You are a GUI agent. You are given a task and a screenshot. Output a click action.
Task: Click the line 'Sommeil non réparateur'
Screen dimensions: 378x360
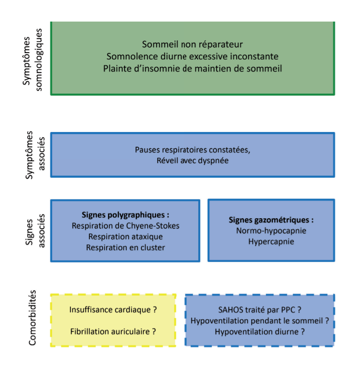coord(192,44)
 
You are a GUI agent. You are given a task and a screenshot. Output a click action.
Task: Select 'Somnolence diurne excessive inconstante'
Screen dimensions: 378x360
coord(192,56)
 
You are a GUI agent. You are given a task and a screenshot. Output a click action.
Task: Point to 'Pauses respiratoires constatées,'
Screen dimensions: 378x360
coord(192,150)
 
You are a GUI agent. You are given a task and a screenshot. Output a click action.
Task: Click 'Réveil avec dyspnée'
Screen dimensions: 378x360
coord(192,161)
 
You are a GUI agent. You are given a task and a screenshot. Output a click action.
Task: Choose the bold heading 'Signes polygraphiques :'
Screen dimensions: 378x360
coord(126,214)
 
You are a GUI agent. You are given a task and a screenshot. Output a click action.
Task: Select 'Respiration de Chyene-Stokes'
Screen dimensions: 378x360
coord(126,226)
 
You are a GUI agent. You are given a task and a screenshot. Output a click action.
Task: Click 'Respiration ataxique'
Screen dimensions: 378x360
coord(126,237)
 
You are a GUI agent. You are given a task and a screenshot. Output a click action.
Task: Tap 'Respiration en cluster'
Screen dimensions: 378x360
coord(126,248)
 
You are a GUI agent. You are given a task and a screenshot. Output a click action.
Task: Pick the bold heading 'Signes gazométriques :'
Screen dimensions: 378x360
coord(271,220)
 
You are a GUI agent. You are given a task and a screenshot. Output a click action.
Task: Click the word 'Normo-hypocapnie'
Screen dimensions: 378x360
coord(271,231)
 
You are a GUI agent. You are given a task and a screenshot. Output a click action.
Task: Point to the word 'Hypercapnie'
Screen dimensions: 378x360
coord(271,242)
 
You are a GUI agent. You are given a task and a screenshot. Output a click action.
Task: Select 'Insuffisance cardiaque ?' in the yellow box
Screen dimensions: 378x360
coord(114,310)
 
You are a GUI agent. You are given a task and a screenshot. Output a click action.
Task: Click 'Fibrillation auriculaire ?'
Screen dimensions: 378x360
coord(114,332)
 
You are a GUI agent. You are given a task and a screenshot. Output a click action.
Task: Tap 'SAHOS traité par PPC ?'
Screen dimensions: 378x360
coord(260,310)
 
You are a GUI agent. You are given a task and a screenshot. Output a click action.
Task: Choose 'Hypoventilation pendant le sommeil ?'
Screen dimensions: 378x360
coord(260,321)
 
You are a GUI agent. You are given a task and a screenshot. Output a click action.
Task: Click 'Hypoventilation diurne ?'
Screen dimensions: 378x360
coord(260,332)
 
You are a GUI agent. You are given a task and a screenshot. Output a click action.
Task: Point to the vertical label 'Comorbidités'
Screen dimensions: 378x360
coord(33,318)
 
